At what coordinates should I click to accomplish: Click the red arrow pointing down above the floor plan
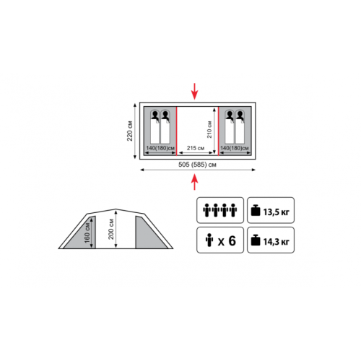click(194, 91)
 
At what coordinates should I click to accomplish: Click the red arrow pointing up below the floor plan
click(194, 182)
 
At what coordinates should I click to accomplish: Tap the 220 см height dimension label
click(130, 131)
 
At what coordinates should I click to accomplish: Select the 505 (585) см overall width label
click(197, 165)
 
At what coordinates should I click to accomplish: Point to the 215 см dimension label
click(196, 148)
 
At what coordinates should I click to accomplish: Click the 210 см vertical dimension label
click(209, 129)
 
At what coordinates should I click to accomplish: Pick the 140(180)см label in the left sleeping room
click(160, 148)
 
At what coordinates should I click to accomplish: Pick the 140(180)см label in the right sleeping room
click(235, 148)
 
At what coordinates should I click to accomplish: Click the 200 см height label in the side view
click(110, 229)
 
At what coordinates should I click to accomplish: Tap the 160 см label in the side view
click(87, 233)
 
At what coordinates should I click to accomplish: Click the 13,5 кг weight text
click(276, 212)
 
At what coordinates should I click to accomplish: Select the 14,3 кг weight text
click(276, 242)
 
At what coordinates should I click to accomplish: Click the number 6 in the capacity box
click(232, 240)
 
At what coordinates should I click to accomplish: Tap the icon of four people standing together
click(220, 210)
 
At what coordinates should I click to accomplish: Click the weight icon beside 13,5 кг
click(256, 210)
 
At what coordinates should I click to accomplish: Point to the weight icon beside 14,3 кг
click(256, 240)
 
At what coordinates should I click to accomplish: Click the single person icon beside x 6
click(209, 240)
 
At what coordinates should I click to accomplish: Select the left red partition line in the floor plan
click(177, 131)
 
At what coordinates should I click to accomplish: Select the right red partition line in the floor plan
click(219, 131)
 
